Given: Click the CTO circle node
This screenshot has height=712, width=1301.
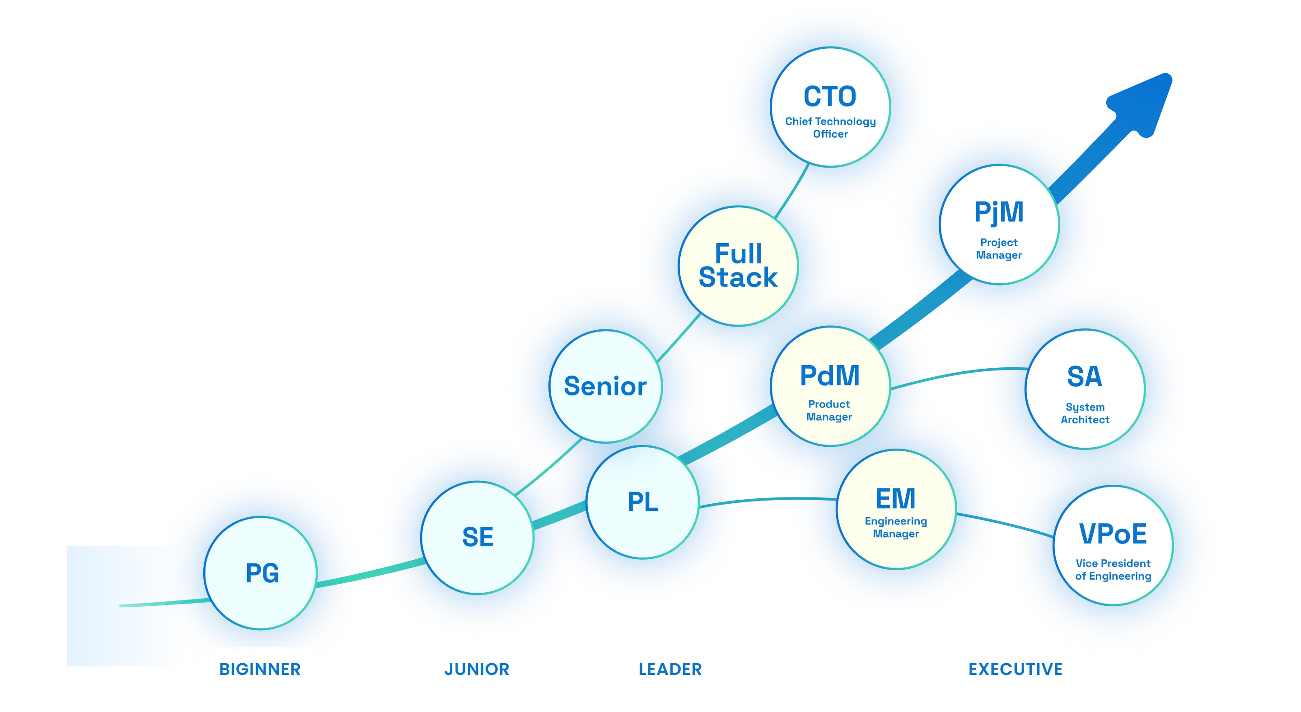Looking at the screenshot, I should click(x=831, y=107).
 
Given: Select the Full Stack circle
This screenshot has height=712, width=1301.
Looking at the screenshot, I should click(x=739, y=266).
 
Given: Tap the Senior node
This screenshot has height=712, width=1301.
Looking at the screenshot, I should click(x=605, y=386).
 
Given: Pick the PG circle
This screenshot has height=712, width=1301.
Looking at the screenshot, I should click(x=262, y=573).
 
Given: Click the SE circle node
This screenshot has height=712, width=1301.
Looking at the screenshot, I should click(x=478, y=537).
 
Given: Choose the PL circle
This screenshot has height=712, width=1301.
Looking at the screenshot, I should click(x=643, y=502).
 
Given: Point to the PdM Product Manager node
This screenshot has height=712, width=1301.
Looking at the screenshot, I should click(x=830, y=387).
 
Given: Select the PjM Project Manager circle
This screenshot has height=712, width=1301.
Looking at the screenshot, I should click(x=999, y=225).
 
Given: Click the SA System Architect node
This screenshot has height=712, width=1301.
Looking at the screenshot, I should click(x=1086, y=389).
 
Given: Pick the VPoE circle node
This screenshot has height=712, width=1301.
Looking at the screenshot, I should click(x=1113, y=545).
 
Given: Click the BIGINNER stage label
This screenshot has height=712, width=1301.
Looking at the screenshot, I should click(x=260, y=669).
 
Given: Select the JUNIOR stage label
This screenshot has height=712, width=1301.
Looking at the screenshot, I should click(x=477, y=669).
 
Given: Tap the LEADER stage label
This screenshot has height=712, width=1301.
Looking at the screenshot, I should click(x=670, y=669).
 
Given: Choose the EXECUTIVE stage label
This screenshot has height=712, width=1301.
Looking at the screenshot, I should click(x=1016, y=669).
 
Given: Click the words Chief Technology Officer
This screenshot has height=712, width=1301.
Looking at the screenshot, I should click(x=830, y=128).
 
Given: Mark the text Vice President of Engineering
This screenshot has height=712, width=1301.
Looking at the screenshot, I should click(x=1113, y=570).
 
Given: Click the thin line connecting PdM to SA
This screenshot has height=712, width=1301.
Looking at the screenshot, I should click(x=959, y=373).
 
